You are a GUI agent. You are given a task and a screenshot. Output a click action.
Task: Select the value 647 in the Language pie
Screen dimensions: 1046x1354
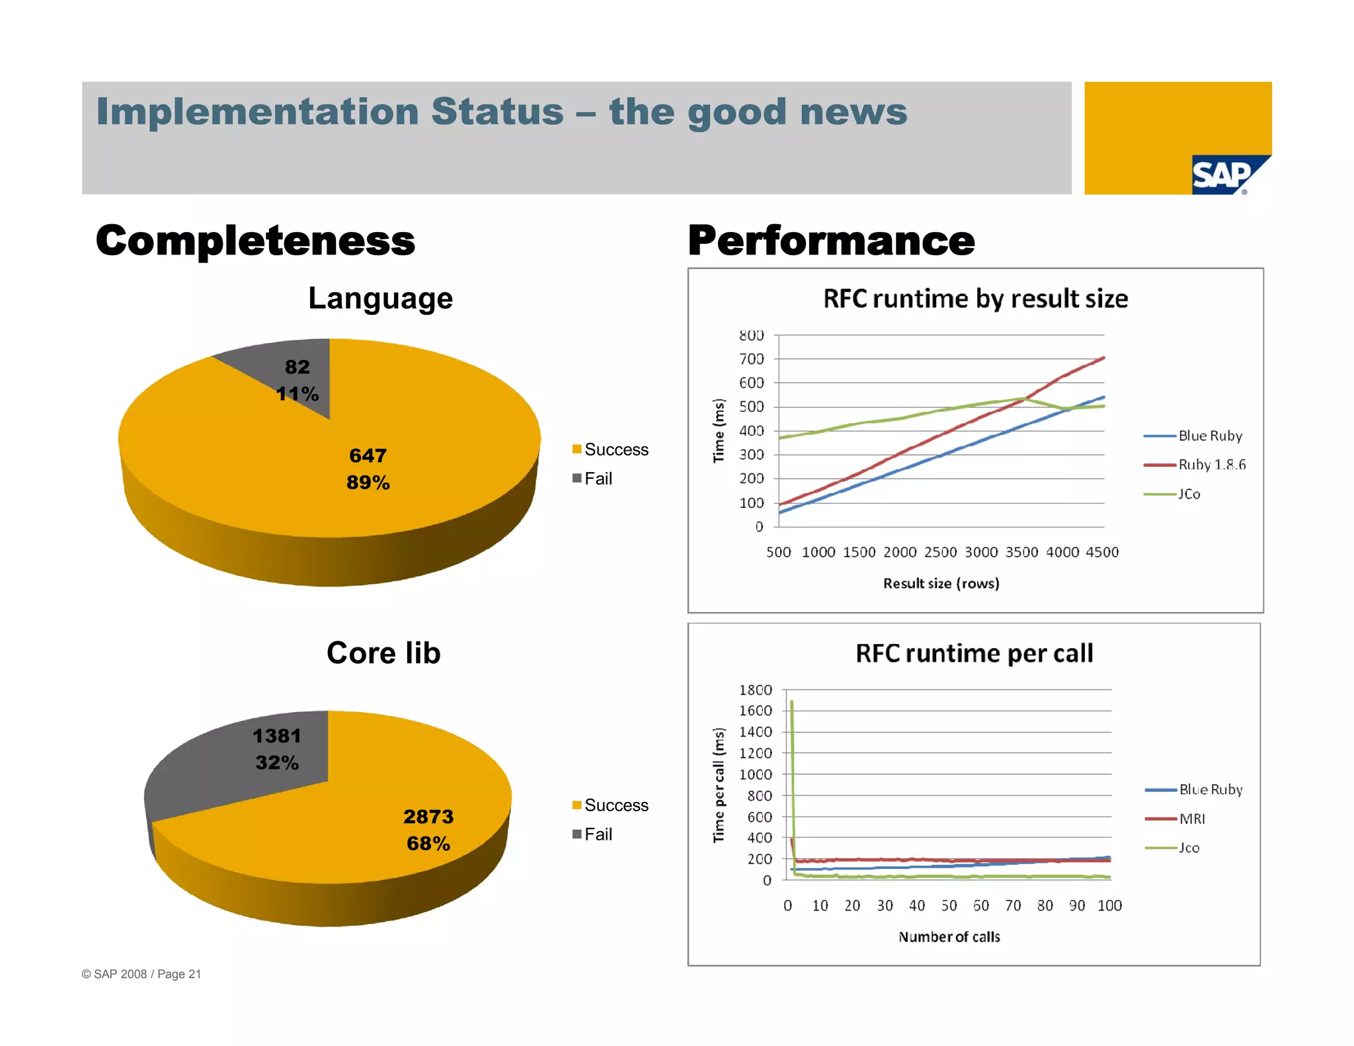(368, 456)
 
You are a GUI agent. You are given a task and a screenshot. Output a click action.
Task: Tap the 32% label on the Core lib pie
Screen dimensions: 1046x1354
(277, 762)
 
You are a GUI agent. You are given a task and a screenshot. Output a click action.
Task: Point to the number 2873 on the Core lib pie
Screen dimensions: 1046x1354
(428, 817)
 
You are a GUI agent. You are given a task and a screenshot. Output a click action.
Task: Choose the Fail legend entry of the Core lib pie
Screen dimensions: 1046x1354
(593, 834)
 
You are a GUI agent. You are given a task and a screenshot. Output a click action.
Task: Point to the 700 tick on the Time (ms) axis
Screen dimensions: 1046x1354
(751, 359)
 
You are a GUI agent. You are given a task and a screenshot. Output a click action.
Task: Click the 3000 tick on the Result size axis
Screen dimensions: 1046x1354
(981, 552)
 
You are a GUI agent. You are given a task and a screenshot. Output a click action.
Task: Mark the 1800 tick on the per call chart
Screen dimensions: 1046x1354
(755, 690)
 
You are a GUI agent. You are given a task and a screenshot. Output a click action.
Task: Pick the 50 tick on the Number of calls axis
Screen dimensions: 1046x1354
(949, 906)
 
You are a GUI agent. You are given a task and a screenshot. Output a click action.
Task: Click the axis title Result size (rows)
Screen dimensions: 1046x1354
(941, 583)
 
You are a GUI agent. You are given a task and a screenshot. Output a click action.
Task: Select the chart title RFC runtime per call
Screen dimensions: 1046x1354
(974, 653)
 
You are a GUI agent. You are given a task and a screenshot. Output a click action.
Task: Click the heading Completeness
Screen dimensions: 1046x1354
(255, 241)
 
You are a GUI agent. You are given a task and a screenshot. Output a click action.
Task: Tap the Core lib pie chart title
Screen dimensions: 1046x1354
(383, 653)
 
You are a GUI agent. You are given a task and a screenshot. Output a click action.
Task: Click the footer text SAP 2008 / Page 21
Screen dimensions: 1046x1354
(141, 974)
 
